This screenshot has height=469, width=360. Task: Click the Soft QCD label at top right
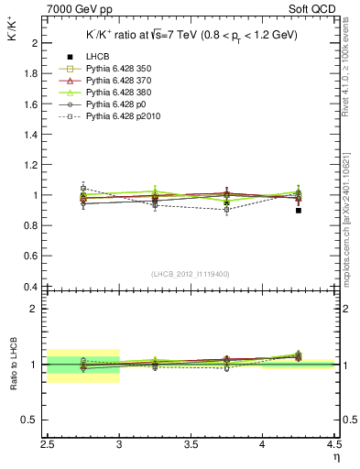coord(314,8)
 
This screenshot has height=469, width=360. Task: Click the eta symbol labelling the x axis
coord(336,457)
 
